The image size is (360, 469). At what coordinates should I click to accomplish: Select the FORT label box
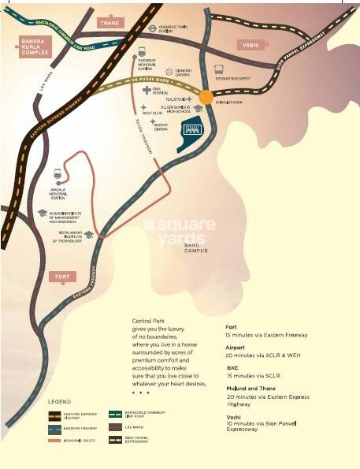(61, 276)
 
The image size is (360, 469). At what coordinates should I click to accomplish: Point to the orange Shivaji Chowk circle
(206, 97)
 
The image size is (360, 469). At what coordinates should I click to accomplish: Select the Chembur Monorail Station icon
(143, 52)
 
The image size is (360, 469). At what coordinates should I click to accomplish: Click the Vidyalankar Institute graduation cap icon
(89, 235)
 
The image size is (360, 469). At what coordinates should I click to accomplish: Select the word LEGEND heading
(61, 401)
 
